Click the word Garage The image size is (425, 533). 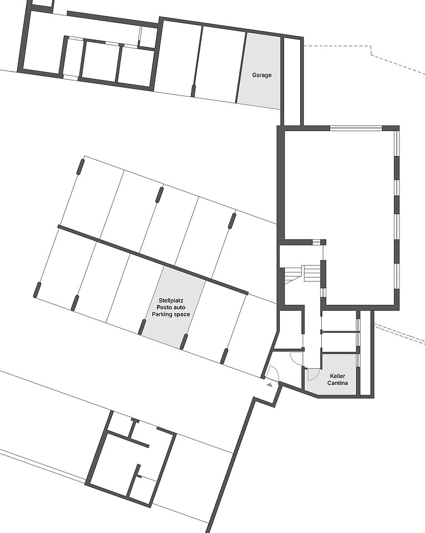tap(261, 75)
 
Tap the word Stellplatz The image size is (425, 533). tap(171, 300)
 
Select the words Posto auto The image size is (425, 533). tap(171, 307)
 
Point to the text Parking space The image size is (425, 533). tap(171, 314)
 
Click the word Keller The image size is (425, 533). tap(337, 376)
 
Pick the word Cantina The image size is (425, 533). tap(337, 383)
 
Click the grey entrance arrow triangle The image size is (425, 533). tap(270, 385)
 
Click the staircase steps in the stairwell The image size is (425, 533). tap(302, 274)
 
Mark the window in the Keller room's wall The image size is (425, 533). tap(358, 360)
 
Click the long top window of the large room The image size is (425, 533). tap(356, 128)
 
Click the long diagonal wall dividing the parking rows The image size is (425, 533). tap(153, 259)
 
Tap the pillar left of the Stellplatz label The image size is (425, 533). tap(143, 327)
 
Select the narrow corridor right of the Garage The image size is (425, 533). tap(291, 82)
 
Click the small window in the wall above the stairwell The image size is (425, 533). tap(316, 242)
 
